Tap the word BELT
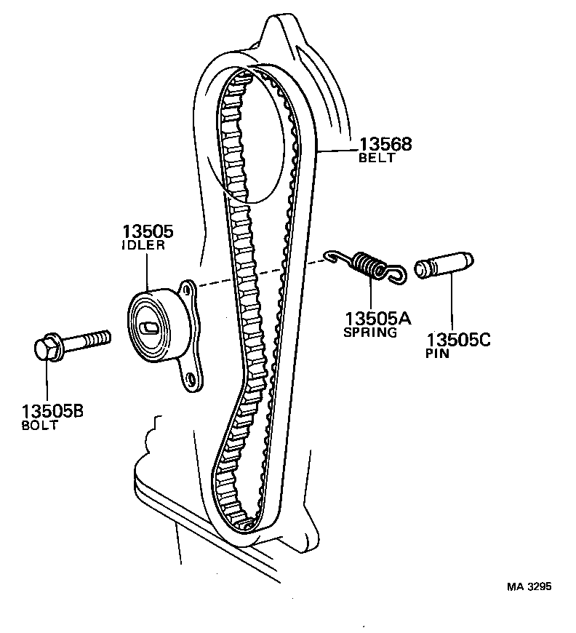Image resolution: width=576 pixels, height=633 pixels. click(377, 158)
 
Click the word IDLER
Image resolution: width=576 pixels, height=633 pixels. click(143, 246)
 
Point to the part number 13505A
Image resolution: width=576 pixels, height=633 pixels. click(377, 319)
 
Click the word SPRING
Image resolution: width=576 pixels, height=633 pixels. click(370, 333)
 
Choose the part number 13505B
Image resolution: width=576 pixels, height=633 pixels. click(52, 411)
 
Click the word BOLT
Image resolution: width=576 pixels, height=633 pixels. click(41, 426)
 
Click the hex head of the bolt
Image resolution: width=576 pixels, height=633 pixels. click(47, 348)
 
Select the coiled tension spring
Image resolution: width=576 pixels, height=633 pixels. click(372, 265)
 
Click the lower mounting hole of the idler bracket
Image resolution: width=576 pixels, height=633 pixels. click(190, 378)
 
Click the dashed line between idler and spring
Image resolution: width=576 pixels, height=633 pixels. click(262, 274)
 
